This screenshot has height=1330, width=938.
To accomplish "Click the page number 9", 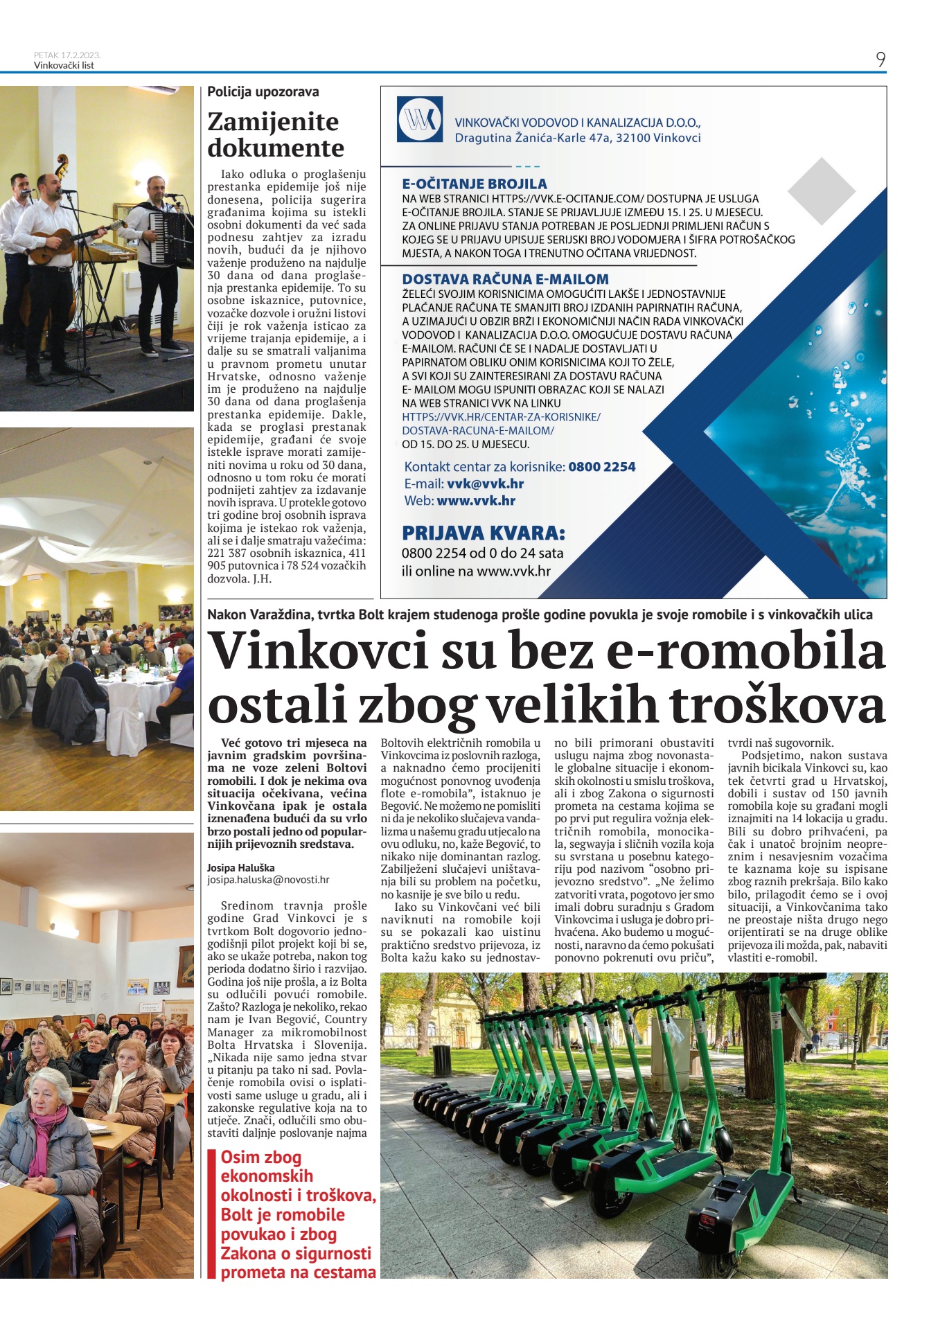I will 880,60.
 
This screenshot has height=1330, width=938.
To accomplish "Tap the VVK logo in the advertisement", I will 420,119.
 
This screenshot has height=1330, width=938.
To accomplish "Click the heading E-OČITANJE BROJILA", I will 475,184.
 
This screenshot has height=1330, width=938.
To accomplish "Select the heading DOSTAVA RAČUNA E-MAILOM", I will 505,279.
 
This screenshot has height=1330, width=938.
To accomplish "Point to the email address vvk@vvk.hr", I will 485,484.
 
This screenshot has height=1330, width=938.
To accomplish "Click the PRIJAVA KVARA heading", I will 484,533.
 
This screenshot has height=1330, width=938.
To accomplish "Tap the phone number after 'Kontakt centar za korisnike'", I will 601,467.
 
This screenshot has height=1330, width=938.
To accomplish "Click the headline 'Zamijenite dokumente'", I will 276,134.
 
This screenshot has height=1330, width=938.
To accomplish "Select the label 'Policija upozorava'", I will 263,91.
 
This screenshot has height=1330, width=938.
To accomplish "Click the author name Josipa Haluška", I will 240,867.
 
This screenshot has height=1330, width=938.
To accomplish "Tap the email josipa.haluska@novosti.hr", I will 268,880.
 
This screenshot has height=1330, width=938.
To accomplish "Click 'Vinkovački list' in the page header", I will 64,65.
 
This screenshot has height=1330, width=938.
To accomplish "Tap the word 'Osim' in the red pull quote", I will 241,1157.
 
